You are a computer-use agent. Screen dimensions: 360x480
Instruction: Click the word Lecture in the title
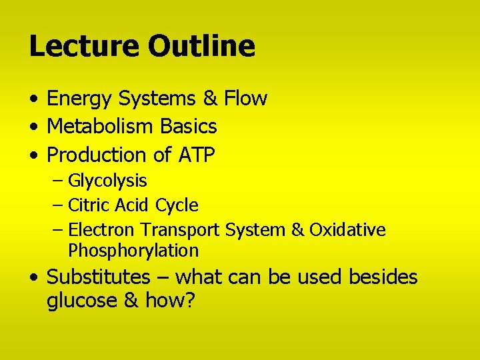pos(84,46)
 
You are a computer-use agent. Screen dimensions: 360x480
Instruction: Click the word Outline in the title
pos(201,46)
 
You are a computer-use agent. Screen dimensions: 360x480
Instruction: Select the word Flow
pos(245,99)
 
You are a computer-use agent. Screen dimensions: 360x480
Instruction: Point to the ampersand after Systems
pos(210,99)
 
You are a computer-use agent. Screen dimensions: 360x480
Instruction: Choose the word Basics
pos(190,126)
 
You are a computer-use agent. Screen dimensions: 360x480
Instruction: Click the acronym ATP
pos(197,155)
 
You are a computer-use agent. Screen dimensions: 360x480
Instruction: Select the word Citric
pos(87,205)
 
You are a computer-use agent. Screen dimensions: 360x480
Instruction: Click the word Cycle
pos(177,205)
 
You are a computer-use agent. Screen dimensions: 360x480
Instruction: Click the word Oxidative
pos(347,230)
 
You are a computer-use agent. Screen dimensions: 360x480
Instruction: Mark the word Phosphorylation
pos(133,251)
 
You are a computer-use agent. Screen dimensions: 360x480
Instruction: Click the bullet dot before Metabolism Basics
pos(33,127)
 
